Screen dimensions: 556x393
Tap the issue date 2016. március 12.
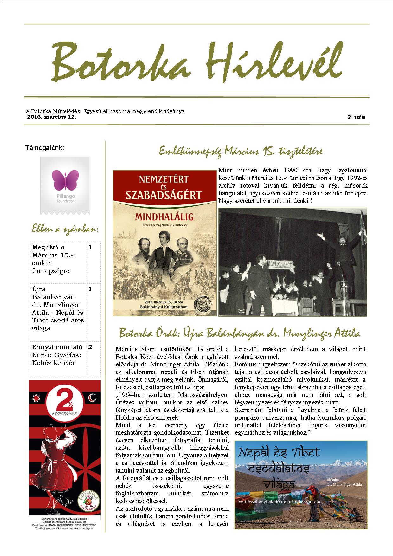click(x=52, y=117)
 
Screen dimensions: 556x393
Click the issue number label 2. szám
click(x=356, y=117)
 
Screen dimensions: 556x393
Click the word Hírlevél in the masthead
click(x=274, y=61)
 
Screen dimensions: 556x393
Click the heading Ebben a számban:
click(x=65, y=229)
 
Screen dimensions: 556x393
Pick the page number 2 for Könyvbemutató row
click(x=90, y=347)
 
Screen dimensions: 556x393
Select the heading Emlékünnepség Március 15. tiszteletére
click(x=241, y=151)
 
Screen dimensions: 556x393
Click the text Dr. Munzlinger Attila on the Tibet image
click(x=344, y=484)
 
